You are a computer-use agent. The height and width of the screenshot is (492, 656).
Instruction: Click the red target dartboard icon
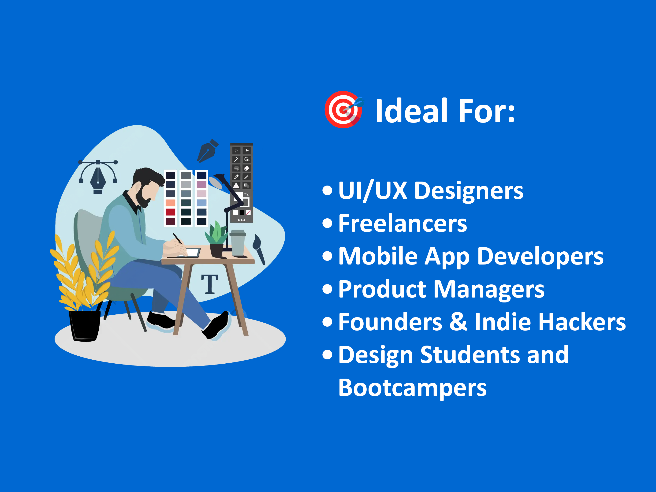click(343, 109)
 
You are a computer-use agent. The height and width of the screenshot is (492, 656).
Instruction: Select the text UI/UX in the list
click(373, 191)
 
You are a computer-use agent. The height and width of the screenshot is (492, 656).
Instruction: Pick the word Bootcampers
click(412, 388)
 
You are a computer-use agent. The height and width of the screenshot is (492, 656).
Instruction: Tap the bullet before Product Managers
click(327, 289)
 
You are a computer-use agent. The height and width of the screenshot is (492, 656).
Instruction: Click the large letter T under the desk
click(210, 284)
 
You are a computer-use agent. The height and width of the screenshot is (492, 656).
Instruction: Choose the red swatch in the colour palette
click(171, 212)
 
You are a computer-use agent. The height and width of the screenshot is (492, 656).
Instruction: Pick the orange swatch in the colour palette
click(171, 203)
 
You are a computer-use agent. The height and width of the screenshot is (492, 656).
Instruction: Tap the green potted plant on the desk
click(217, 239)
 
